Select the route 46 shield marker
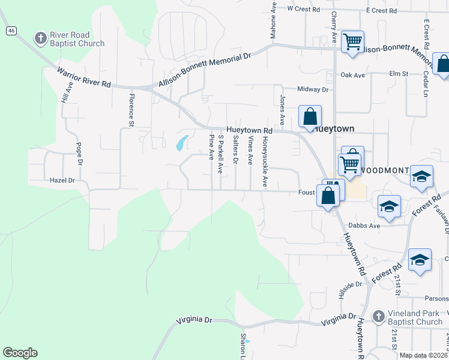coord(11,31)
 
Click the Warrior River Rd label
coord(83,77)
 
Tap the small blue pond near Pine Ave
coord(181,143)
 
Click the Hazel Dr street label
coord(62,180)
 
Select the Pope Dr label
coord(79,154)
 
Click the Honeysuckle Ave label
coord(264,162)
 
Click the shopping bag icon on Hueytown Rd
coord(310,116)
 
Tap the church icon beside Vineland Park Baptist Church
coord(378,316)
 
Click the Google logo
coord(20,353)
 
